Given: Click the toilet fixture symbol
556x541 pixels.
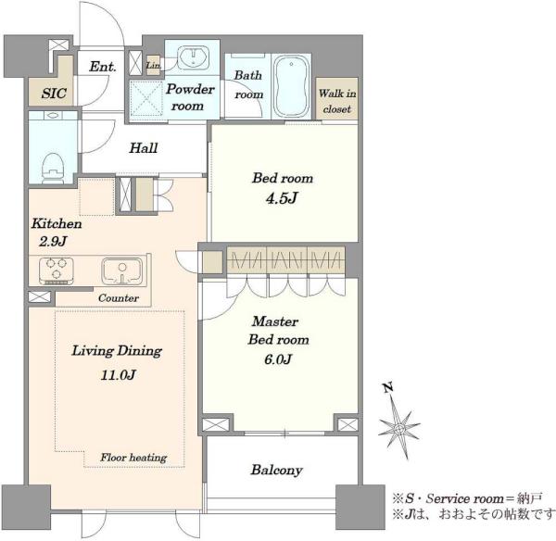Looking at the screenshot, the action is click(53, 170).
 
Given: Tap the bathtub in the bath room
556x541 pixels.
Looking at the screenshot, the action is click(291, 87).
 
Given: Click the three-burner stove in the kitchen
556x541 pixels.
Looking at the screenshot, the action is click(57, 270).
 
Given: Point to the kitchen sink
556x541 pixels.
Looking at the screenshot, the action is click(122, 270).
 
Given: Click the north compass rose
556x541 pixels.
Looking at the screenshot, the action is click(399, 428).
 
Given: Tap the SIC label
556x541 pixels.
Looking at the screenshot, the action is click(54, 94).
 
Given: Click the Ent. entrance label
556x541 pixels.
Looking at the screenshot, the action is click(103, 67).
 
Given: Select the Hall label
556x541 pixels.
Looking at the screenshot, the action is click(144, 148).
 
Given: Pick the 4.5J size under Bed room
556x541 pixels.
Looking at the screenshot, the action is click(282, 198).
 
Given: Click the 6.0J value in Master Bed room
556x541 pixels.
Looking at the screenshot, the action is click(278, 359).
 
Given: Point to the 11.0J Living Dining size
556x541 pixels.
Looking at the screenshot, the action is click(118, 375).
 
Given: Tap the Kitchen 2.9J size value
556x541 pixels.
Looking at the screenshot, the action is click(53, 242).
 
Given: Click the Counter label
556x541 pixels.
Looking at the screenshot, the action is click(119, 297).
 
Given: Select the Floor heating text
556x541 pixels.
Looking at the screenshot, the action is click(133, 458).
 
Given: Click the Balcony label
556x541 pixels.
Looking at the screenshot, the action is click(276, 470).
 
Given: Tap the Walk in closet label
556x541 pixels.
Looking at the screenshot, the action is click(337, 101).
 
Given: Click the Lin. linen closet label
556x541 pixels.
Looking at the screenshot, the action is click(153, 65).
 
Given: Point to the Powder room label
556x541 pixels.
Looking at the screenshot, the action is click(190, 97).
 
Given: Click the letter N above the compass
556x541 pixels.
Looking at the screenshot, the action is click(388, 387).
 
